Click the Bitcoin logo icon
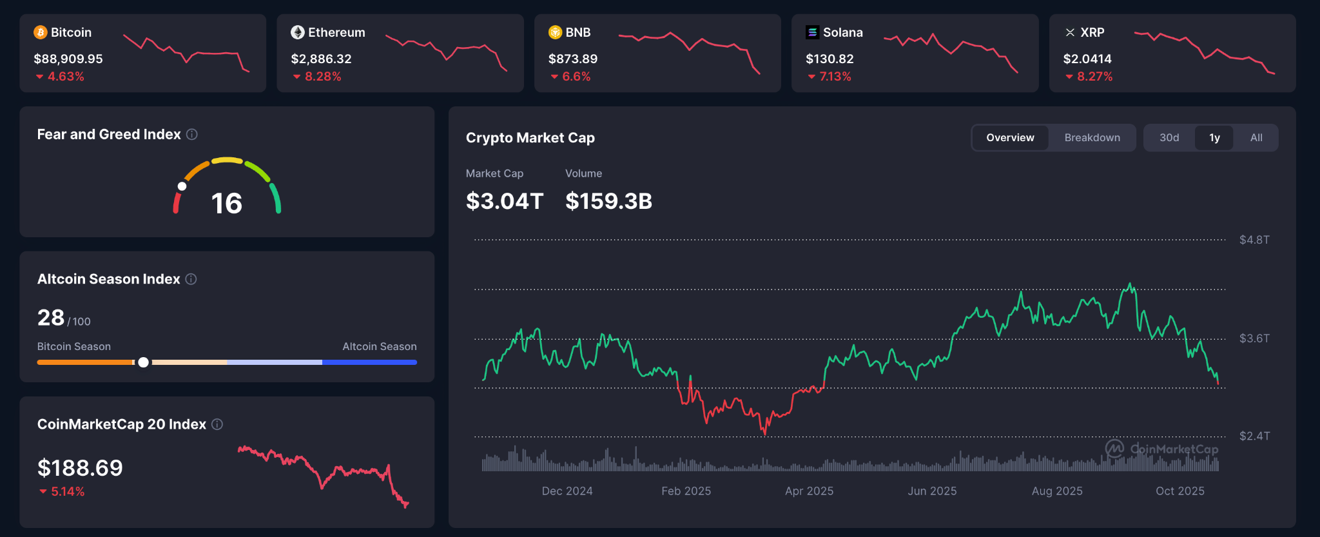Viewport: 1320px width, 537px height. pos(41,32)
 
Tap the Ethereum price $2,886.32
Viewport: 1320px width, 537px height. pos(321,59)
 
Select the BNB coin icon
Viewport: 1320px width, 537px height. pos(555,32)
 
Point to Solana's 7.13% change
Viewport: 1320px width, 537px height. pos(835,76)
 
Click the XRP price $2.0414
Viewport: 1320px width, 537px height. pos(1087,59)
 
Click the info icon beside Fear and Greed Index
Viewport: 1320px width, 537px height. pos(192,134)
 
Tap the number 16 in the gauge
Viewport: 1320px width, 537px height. pos(227,204)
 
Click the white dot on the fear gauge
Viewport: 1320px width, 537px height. pos(182,186)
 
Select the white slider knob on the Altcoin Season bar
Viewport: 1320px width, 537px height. pos(143,362)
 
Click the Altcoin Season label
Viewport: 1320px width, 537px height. pos(379,346)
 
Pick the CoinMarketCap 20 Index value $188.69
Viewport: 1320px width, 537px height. pos(80,468)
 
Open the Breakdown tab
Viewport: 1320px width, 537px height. pos(1092,138)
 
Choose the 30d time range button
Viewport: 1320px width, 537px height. pos(1169,138)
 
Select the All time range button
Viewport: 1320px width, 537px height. pos(1256,138)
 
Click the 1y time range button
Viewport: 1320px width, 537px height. pos(1214,138)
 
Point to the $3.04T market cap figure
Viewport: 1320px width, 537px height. pos(505,201)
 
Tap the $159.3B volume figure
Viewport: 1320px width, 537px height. pos(608,201)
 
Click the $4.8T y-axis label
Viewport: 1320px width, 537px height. pos(1254,240)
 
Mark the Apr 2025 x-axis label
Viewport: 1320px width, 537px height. pos(809,491)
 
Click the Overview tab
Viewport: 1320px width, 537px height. pos(1010,138)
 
